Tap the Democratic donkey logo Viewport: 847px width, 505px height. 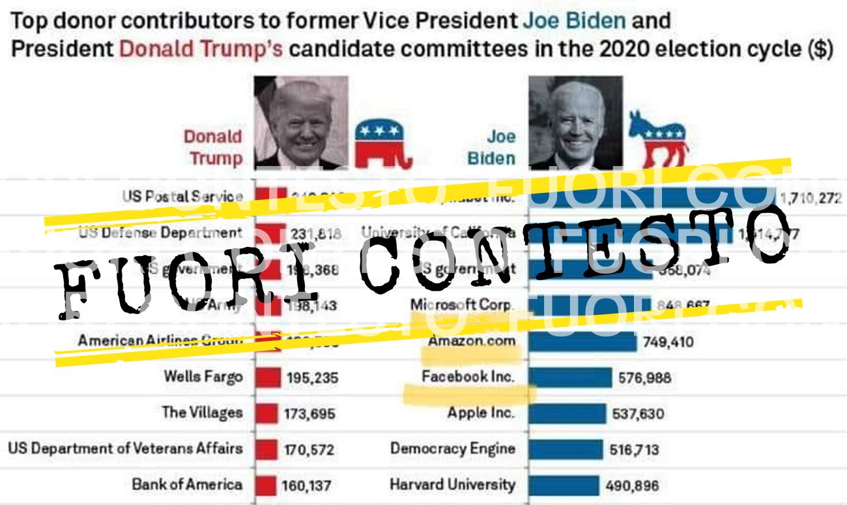coord(657,140)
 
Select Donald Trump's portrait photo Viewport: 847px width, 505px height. coord(301,122)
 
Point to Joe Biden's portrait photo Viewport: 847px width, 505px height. coord(575,122)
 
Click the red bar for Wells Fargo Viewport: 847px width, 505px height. coord(267,377)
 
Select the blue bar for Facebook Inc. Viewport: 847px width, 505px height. coord(569,377)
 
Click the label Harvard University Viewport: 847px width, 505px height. coord(452,485)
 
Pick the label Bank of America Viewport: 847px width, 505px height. coord(187,485)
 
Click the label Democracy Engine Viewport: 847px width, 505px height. coord(452,449)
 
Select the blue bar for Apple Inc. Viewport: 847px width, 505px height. coord(567,413)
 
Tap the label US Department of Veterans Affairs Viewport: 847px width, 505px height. coord(125,448)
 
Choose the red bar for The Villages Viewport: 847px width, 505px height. coord(266,413)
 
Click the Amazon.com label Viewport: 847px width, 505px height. coord(471,341)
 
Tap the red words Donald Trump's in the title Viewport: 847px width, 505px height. coord(201,50)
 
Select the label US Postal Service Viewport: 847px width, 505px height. coord(182,196)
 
